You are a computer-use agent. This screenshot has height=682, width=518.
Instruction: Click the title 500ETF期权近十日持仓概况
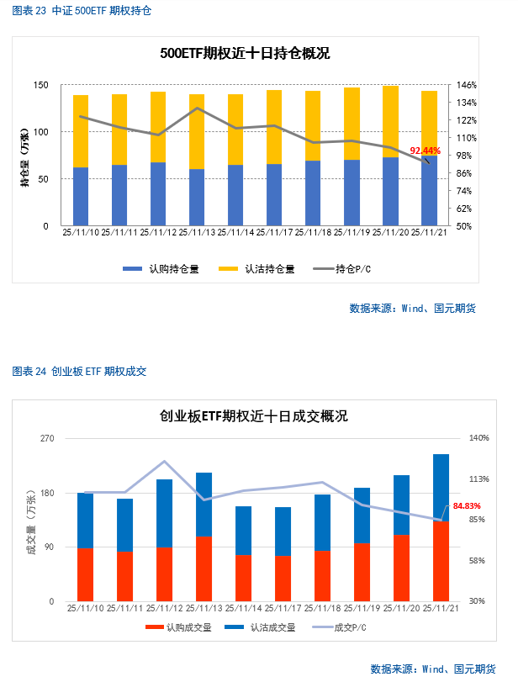pos(245,53)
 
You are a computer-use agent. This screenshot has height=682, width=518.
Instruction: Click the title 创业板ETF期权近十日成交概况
pos(254,416)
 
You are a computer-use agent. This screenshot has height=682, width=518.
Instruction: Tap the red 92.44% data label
pos(425,151)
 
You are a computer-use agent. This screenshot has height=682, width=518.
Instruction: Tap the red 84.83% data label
pos(467,506)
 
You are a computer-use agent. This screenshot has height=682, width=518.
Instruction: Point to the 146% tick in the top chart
pos(468,85)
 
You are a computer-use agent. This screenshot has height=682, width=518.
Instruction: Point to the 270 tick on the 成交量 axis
pos(47,439)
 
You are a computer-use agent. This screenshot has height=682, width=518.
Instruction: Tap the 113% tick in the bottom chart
pos(478,479)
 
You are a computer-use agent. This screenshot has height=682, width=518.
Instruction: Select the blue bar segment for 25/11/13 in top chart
pos(197,198)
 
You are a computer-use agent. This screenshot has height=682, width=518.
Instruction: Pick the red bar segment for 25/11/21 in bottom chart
pos(441,561)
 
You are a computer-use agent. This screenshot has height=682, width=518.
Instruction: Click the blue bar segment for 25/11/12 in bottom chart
pos(165,513)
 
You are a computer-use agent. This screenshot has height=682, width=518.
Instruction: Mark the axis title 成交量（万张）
pos(31,520)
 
